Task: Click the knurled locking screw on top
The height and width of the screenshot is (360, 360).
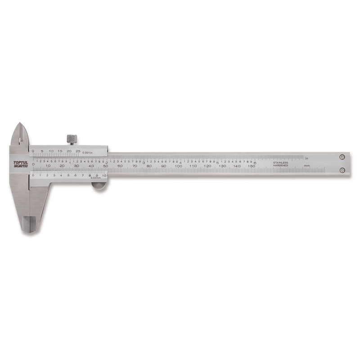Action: [72, 139]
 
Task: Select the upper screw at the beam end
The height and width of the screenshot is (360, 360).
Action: [342, 157]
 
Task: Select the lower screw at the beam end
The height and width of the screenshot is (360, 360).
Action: [342, 170]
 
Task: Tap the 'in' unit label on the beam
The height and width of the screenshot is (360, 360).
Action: [306, 158]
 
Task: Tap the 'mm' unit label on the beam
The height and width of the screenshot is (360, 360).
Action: [306, 166]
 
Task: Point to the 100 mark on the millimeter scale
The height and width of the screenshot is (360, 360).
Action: [179, 166]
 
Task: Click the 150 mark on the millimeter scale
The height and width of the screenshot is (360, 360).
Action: [251, 166]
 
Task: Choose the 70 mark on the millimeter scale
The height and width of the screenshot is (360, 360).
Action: [135, 166]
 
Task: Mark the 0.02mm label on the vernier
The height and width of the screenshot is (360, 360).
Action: [95, 178]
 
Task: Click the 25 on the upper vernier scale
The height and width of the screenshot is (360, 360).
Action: [78, 151]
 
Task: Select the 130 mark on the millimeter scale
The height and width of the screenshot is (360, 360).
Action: [222, 166]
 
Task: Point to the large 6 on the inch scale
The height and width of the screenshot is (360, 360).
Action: [255, 162]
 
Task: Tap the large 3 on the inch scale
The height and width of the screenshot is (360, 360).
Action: [144, 162]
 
